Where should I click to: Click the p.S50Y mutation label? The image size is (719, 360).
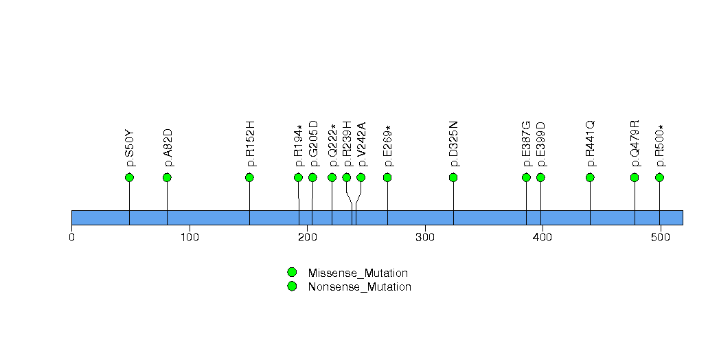(x=130, y=148)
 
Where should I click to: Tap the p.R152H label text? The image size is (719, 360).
(x=250, y=144)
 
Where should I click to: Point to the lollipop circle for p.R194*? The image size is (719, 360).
(x=298, y=177)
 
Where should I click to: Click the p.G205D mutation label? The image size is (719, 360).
(x=313, y=144)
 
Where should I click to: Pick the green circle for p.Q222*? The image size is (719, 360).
(x=332, y=177)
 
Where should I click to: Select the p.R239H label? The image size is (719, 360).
(x=347, y=144)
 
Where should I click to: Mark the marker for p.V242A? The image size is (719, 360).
(x=361, y=177)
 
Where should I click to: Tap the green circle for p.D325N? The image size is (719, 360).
(x=453, y=177)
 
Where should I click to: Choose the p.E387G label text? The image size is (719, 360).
(x=527, y=144)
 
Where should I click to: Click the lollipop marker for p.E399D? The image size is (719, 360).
(x=540, y=177)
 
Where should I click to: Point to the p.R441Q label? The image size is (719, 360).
(x=591, y=144)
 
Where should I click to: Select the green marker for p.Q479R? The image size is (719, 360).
(x=635, y=177)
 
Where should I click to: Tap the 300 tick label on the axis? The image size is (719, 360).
(x=425, y=238)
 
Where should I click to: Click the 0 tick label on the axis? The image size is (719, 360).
(x=71, y=238)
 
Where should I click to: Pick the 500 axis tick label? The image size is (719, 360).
(x=661, y=238)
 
